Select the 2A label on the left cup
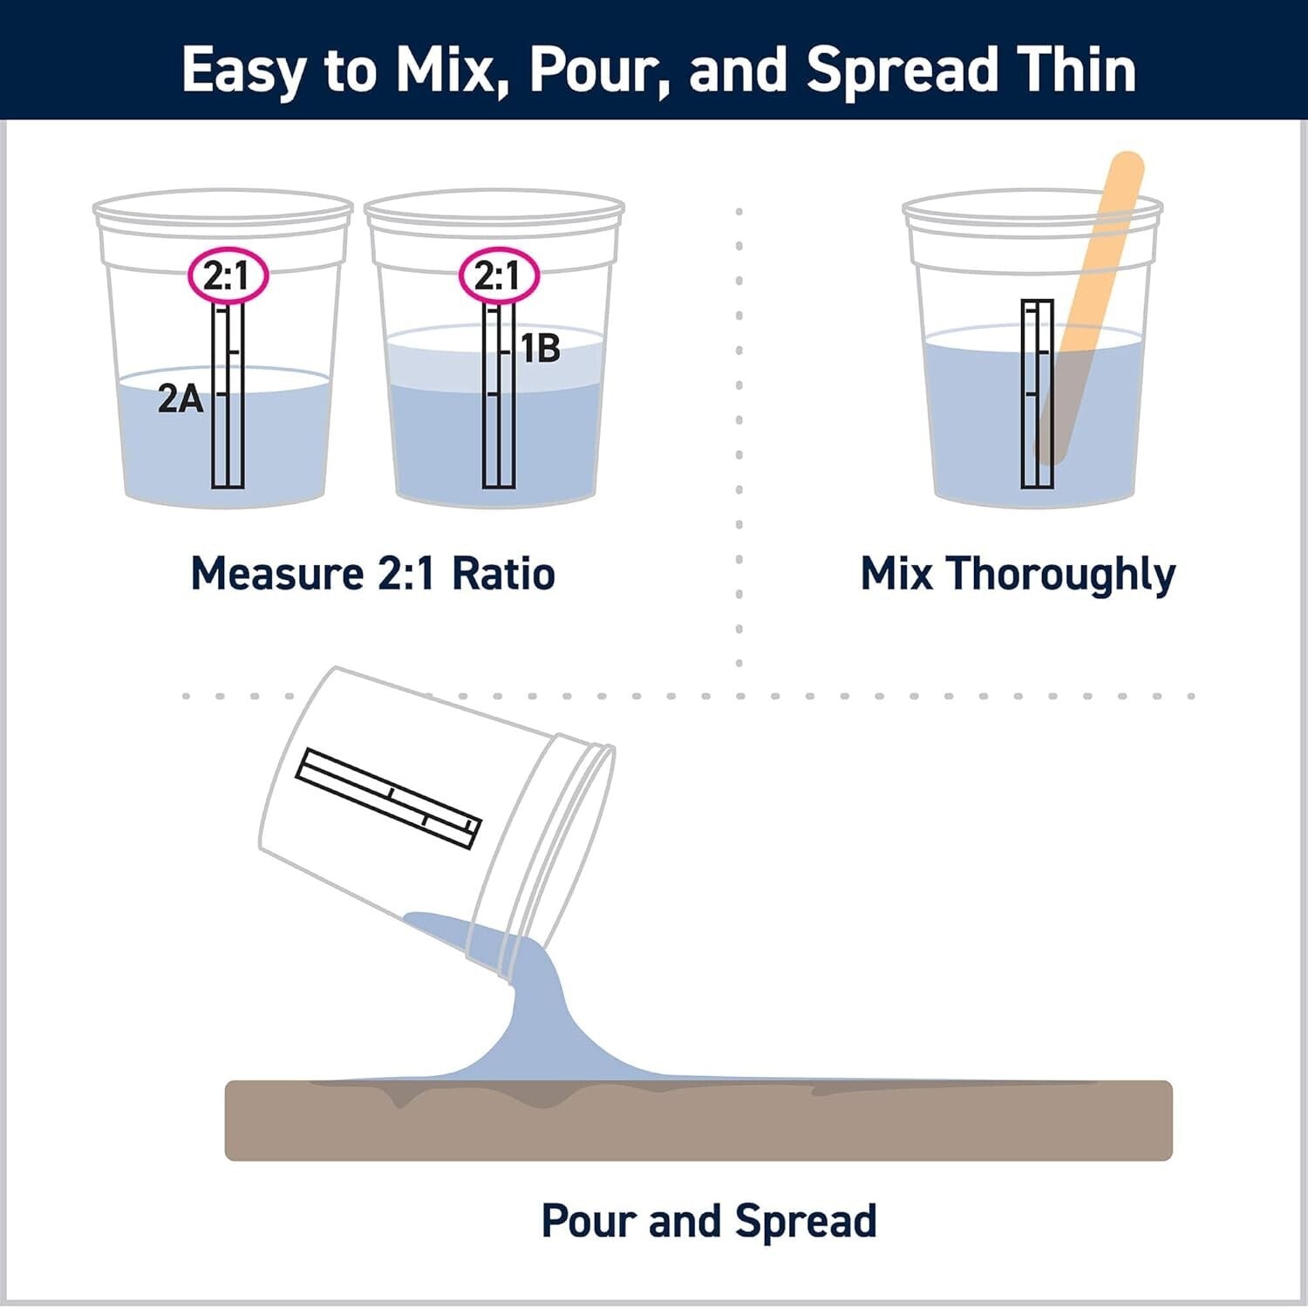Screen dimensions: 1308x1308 [x=180, y=399]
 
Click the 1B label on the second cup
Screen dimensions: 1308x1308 [x=540, y=349]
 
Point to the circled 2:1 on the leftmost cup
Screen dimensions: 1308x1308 [x=228, y=276]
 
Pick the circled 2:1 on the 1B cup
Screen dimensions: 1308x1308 [x=499, y=276]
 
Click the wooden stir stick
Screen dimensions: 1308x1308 [x=1094, y=288]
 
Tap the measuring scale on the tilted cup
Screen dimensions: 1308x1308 [x=388, y=797]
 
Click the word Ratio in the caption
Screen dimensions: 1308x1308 [x=503, y=574]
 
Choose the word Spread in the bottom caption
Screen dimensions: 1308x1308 [x=805, y=1221]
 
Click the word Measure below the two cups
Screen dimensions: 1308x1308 [x=277, y=574]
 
